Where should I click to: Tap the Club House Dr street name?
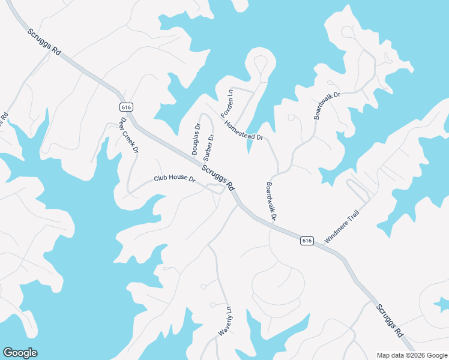(175, 179)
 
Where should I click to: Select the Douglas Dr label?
(196, 139)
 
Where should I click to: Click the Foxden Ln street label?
(226, 104)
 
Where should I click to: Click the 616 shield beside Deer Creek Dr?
(126, 107)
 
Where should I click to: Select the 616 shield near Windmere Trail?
(307, 240)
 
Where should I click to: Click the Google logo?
(20, 353)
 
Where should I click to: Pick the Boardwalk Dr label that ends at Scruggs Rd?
(270, 202)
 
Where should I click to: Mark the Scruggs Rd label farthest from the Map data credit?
(44, 42)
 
